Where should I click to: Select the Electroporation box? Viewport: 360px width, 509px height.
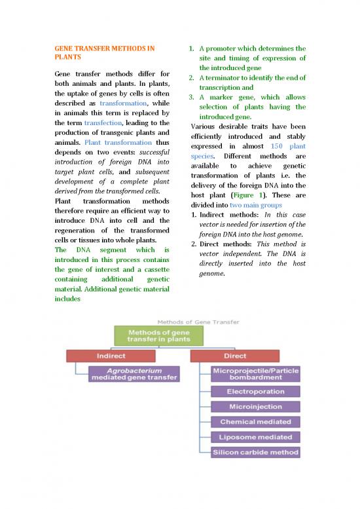point(255,392)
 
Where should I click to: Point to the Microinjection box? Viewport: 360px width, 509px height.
point(255,407)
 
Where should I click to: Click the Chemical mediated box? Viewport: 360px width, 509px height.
point(255,422)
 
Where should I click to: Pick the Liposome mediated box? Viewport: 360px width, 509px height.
point(255,437)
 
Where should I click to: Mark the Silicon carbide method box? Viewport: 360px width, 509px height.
point(255,452)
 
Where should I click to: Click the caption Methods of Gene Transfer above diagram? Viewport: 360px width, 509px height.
point(198,322)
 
